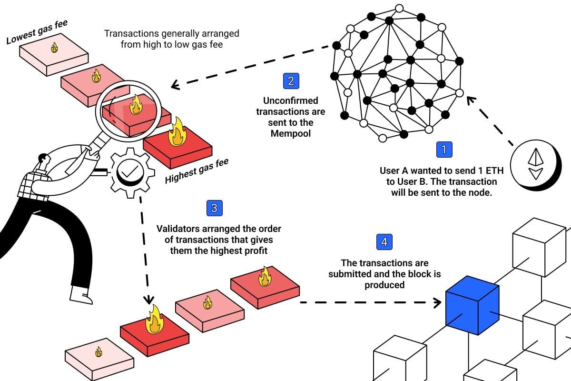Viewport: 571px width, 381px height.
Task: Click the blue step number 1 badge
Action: click(x=444, y=150)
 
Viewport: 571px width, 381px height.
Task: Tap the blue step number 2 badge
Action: click(x=291, y=80)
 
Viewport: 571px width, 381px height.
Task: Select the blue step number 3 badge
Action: click(x=214, y=208)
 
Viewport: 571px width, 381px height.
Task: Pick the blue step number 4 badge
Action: click(x=384, y=242)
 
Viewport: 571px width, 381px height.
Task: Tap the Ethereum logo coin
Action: click(x=536, y=163)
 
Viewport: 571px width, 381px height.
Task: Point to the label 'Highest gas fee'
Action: click(x=196, y=171)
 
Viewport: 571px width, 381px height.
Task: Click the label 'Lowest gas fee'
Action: click(x=37, y=33)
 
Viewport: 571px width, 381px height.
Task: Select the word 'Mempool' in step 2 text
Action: click(x=290, y=133)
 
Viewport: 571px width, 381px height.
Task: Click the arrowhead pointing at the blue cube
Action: click(x=437, y=302)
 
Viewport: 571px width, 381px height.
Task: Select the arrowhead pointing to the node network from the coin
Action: click(x=471, y=100)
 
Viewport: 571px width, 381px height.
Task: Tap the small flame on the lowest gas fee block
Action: click(x=54, y=47)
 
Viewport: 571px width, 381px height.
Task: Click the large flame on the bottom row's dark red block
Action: click(x=155, y=320)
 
